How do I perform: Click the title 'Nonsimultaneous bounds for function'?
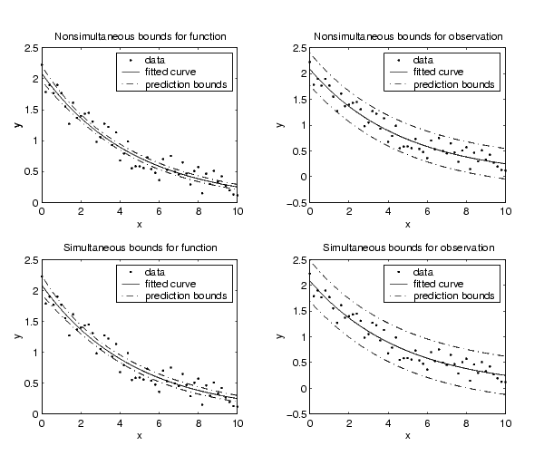pos(141,36)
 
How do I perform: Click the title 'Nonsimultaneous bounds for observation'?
pos(408,36)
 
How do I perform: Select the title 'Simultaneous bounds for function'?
pos(141,247)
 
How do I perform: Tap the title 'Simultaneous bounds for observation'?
pos(408,247)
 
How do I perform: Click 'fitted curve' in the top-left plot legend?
pos(170,72)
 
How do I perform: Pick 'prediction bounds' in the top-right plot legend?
pos(454,84)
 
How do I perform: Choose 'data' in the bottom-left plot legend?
pos(154,272)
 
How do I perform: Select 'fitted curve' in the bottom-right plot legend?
pos(438,284)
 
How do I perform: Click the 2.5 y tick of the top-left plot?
pos(32,48)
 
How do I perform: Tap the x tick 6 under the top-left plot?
pos(159,211)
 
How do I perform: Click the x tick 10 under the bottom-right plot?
pos(506,423)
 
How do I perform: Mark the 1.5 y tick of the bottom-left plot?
pos(32,322)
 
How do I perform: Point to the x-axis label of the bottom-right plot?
pos(408,436)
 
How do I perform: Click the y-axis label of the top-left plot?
pos(18,125)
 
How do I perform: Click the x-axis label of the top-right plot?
pos(408,225)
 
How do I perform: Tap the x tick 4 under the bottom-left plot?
pos(120,423)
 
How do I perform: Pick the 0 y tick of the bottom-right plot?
pos(304,389)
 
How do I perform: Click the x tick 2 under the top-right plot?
pos(349,211)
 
